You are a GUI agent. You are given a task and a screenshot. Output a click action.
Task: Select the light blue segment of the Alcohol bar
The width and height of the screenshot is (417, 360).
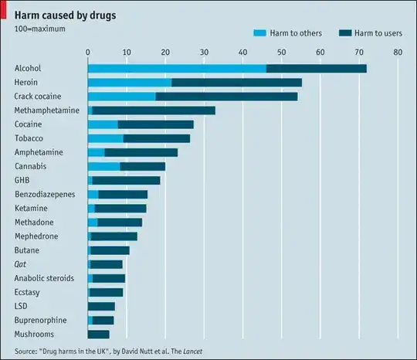point(177,69)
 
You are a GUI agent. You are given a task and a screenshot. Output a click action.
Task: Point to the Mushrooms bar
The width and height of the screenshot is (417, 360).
point(98,335)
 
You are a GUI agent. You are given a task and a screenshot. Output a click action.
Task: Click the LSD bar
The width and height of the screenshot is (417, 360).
point(101,307)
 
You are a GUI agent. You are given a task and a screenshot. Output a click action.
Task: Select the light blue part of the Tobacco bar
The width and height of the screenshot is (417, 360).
point(105,138)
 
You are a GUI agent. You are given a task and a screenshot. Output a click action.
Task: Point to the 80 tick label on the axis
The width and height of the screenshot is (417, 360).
point(397,53)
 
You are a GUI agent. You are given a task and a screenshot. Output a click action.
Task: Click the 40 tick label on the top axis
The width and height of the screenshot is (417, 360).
point(242,53)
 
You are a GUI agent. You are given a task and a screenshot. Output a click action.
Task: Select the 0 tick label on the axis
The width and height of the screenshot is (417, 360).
point(88,53)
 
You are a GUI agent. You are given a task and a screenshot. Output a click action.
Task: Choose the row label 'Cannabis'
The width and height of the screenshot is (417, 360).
point(31,166)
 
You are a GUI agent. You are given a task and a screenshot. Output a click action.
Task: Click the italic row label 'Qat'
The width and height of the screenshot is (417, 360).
point(21,264)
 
